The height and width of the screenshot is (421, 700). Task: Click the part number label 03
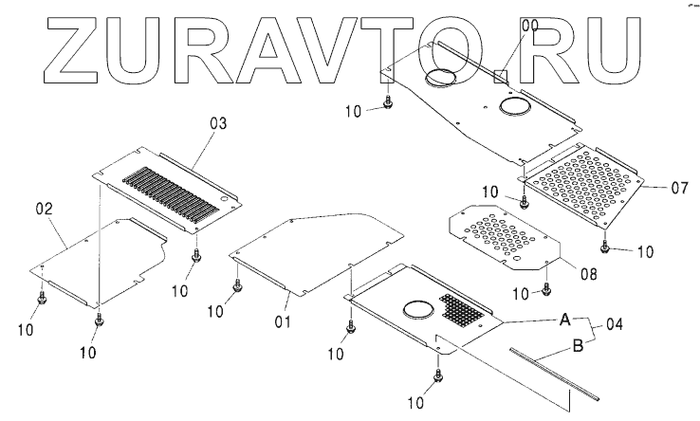217,124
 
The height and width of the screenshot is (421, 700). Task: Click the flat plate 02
104,261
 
